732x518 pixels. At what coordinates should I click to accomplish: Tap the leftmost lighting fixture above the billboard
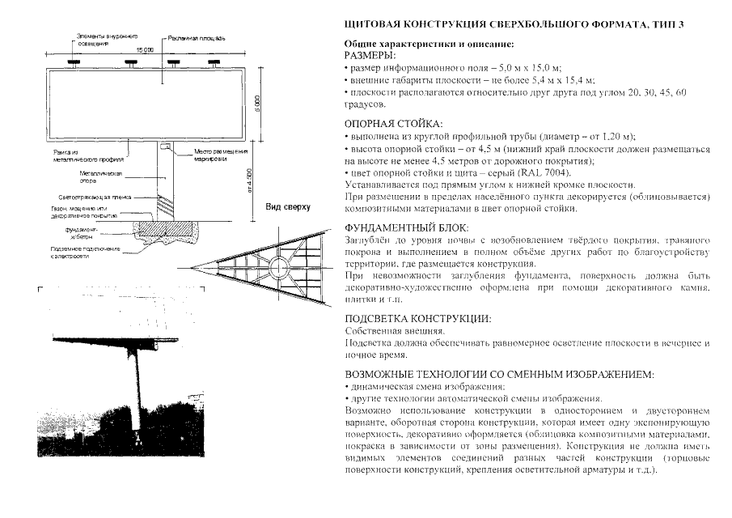(72, 62)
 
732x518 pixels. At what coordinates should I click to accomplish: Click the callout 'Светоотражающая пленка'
(100, 196)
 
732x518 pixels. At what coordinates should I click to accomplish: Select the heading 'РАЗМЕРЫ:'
(370, 56)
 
